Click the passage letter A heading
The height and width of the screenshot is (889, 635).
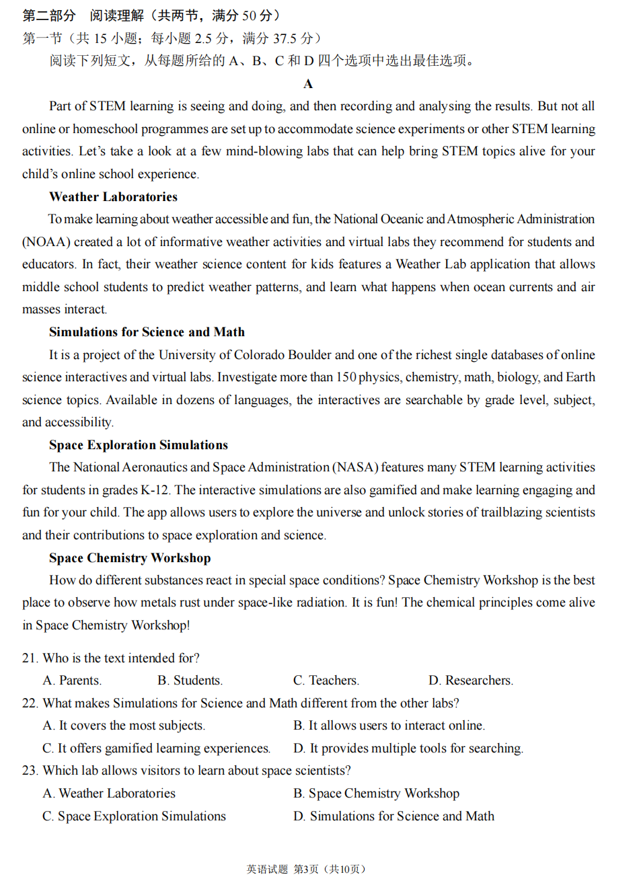click(x=308, y=84)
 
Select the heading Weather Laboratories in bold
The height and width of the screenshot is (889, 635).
click(x=113, y=197)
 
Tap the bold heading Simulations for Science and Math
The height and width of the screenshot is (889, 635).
click(x=147, y=332)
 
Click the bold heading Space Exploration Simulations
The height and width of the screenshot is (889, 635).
click(x=138, y=445)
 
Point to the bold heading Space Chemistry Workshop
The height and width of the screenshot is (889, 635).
click(x=130, y=558)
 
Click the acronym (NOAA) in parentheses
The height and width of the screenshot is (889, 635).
click(x=46, y=242)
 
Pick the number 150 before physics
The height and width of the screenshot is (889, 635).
click(x=346, y=377)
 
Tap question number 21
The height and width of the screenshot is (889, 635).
click(x=30, y=658)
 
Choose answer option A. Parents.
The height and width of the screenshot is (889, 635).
click(x=72, y=681)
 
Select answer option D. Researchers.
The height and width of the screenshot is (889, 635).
click(x=470, y=681)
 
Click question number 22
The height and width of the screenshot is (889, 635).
click(x=30, y=703)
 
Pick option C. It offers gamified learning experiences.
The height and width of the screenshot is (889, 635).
click(x=156, y=748)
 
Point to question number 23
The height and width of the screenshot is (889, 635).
click(x=30, y=771)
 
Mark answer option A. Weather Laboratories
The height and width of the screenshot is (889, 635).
click(x=109, y=794)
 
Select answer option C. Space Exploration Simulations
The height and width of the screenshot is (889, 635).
click(x=134, y=816)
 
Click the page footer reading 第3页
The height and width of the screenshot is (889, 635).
click(x=306, y=869)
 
